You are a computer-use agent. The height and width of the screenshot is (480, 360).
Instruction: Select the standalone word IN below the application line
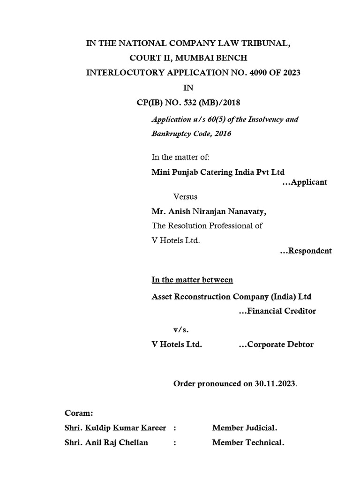tap(187, 87)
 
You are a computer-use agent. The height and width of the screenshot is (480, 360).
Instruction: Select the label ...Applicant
tap(305, 182)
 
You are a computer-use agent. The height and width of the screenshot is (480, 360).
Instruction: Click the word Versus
tap(186, 197)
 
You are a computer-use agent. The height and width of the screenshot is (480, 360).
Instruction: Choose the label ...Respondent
tap(306, 251)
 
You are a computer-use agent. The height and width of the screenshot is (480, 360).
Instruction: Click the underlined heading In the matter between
tap(192, 280)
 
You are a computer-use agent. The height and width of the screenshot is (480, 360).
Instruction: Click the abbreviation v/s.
tap(181, 330)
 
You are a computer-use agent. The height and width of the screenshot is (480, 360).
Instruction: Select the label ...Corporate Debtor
tap(276, 345)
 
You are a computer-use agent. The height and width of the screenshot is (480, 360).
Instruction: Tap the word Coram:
tap(79, 413)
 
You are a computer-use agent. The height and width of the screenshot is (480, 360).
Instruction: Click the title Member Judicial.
tap(245, 427)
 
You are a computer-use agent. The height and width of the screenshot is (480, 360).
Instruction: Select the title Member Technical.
tap(248, 442)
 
